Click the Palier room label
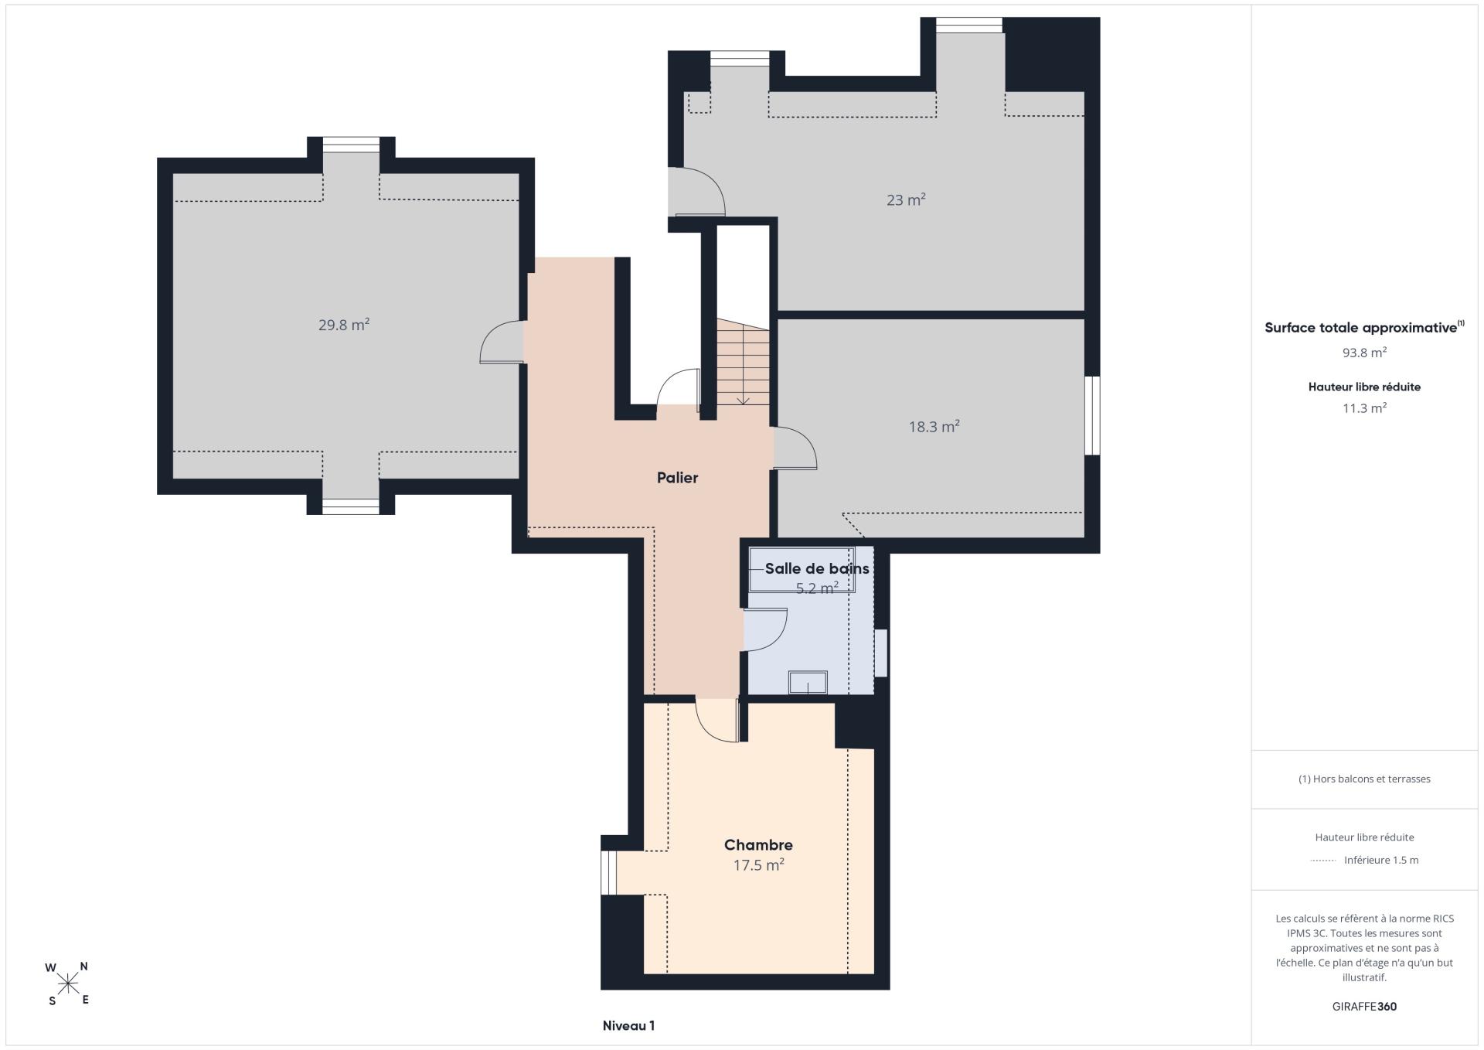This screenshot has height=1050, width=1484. pos(677,478)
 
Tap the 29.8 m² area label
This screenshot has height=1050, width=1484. pos(344,325)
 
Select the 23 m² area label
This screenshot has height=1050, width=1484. pos(906,199)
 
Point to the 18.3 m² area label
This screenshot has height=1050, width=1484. pos(934,426)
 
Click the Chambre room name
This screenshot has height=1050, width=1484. pos(758,845)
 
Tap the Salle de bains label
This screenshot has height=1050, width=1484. pos(817,568)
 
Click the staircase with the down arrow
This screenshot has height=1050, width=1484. pos(743,362)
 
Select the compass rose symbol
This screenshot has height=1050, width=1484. pos(68,984)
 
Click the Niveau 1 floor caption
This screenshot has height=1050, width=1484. pos(628,1026)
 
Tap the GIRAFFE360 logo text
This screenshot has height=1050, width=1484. pos(1364,1007)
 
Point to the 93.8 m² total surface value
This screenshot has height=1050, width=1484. pos(1364,353)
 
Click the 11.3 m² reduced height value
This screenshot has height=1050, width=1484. pos(1364,408)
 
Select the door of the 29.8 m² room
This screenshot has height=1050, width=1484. pos(502,342)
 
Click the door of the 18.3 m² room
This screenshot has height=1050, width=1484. pos(795,448)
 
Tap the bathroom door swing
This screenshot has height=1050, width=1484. pos(765,630)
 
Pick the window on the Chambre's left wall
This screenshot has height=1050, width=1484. pos(609,873)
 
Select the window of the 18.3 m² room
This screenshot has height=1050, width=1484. pos(1092,415)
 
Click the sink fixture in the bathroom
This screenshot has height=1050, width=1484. pos(808,682)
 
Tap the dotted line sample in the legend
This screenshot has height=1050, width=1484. pos(1323,861)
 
